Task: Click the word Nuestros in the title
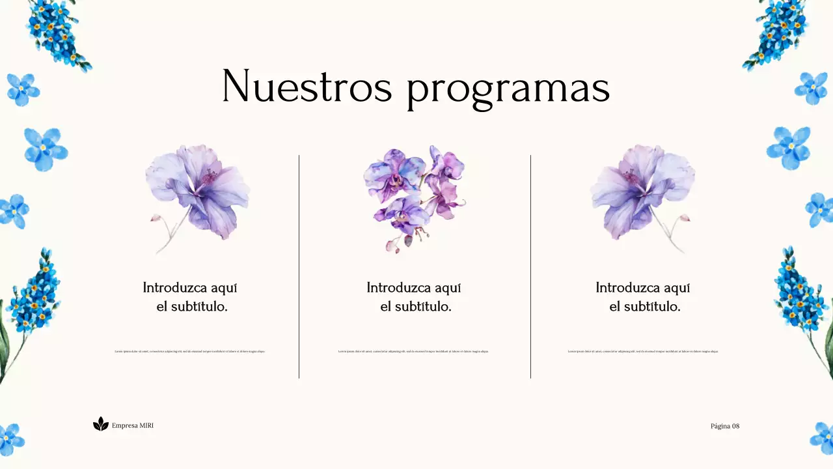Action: pos(307,86)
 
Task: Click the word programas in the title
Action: pos(508,89)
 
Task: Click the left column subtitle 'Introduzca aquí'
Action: pos(190,287)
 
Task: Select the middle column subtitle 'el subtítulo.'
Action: pos(415,306)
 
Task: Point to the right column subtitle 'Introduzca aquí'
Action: pos(642,287)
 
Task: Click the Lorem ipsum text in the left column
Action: pos(190,351)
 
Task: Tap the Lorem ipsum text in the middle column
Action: pos(413,351)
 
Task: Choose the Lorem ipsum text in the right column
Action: pos(643,351)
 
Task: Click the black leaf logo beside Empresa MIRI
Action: pos(100,424)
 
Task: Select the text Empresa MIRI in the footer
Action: pos(133,425)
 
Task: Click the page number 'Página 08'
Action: pos(725,426)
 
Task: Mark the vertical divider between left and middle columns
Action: pos(299,266)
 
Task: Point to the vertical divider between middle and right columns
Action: pos(530,266)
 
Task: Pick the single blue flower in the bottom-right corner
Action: pos(822,438)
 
